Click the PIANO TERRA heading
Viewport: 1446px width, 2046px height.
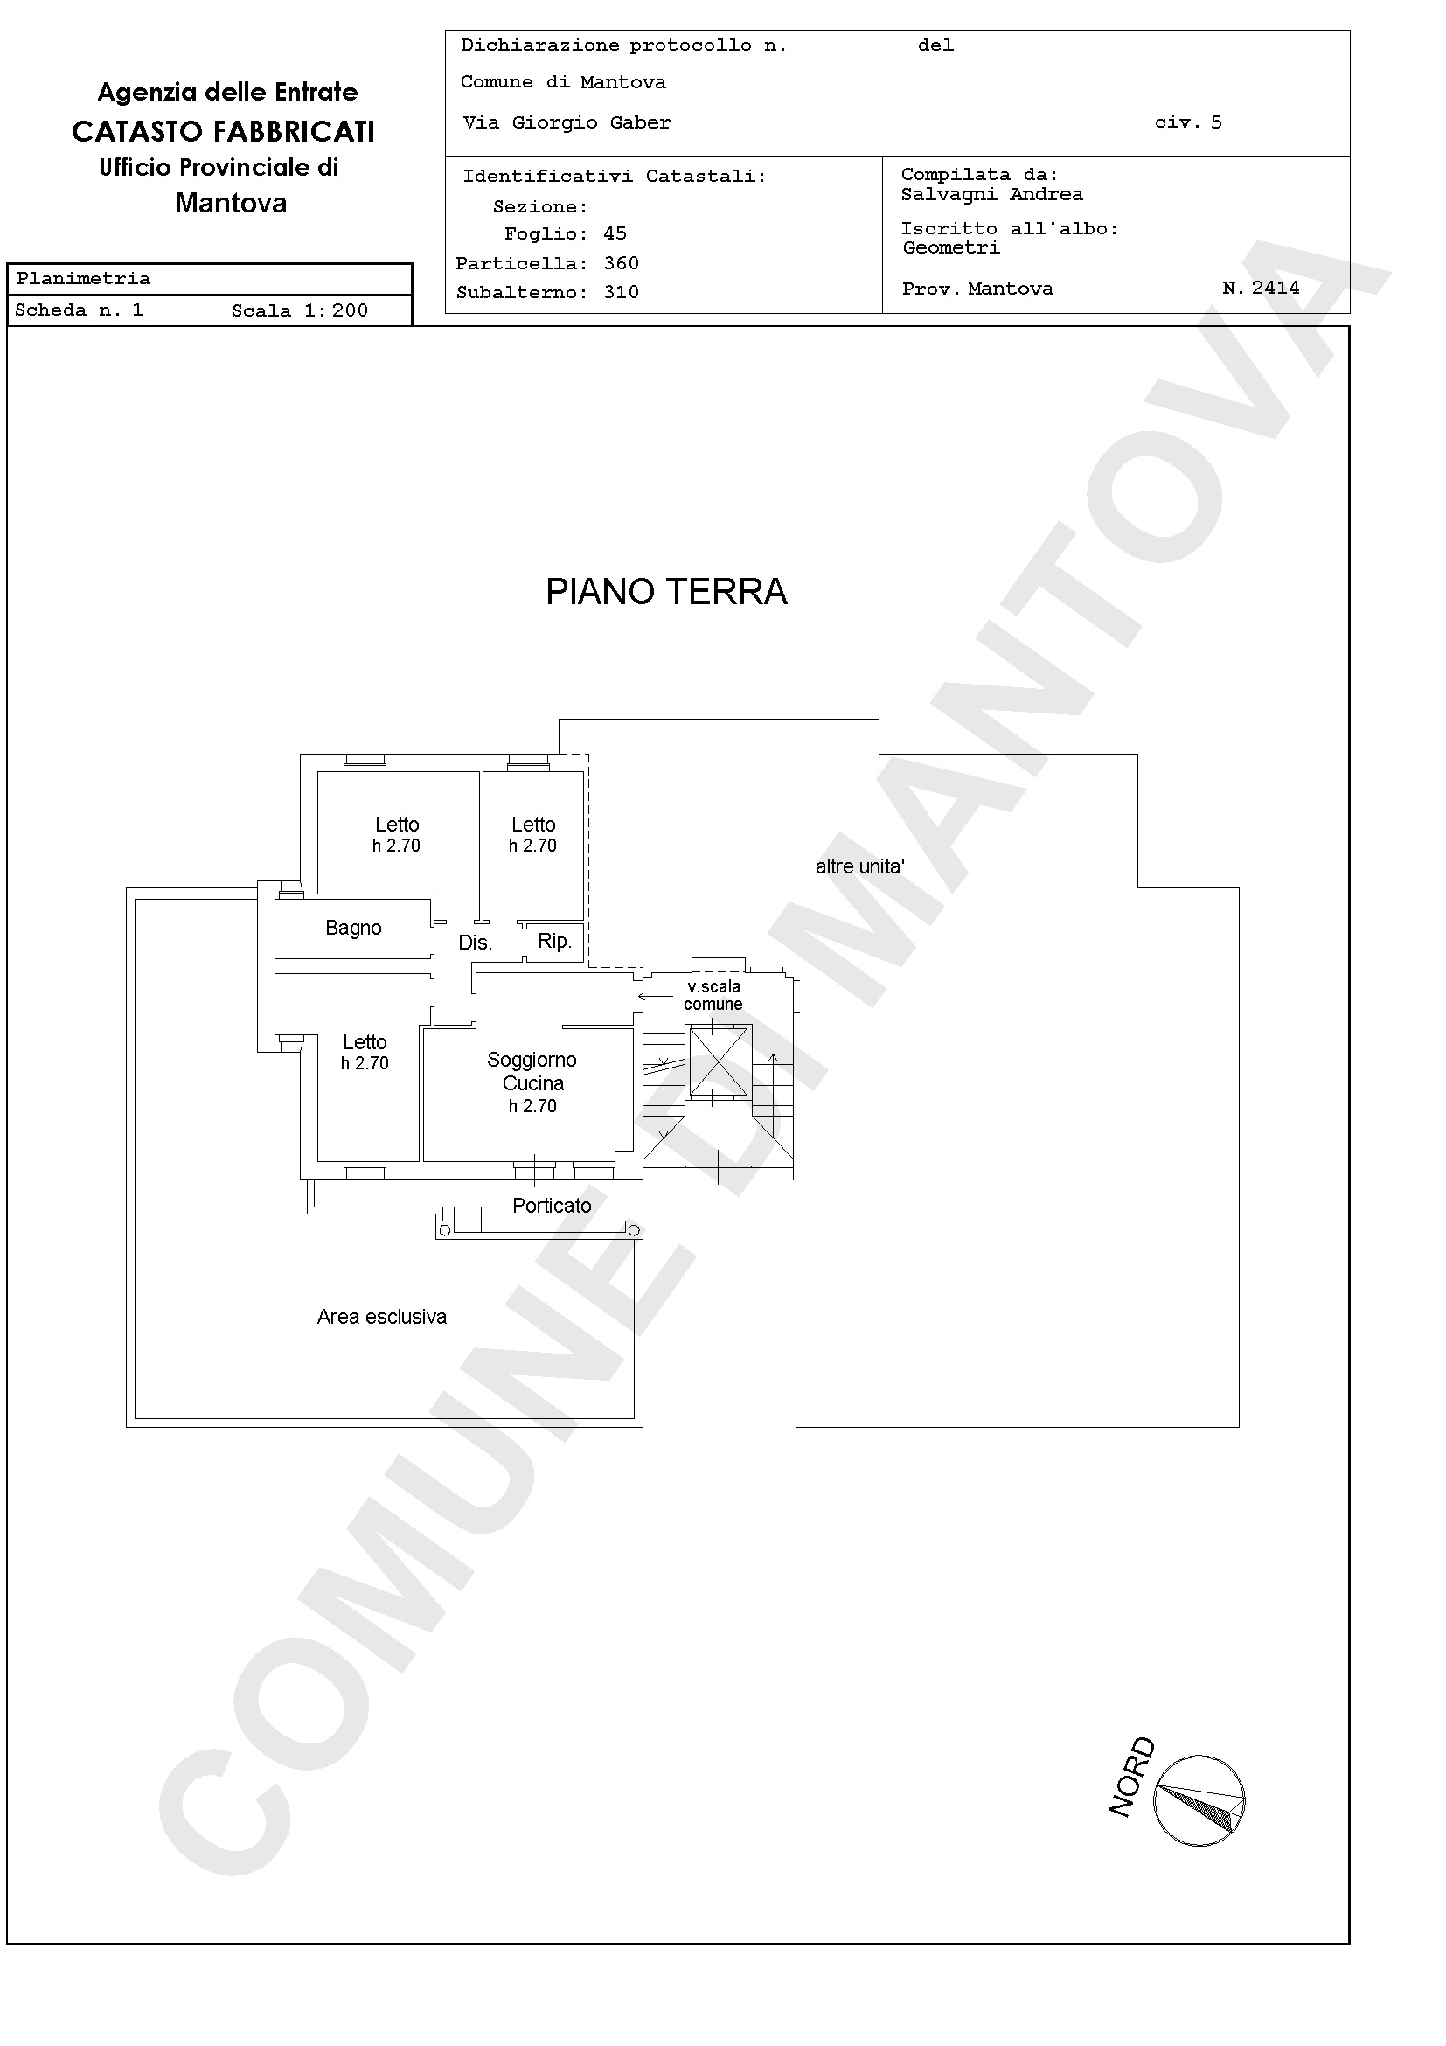(x=666, y=592)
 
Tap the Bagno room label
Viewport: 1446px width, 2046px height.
(x=354, y=929)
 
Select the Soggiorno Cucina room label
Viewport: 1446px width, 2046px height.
(x=532, y=1071)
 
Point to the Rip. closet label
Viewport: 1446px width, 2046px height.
(x=555, y=941)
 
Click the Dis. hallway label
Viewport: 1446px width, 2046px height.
(x=475, y=943)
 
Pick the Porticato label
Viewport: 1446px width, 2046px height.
(x=552, y=1206)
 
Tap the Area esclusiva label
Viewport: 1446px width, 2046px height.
(x=381, y=1317)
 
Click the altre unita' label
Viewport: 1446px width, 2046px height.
(x=859, y=866)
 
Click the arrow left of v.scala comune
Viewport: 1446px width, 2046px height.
(x=655, y=996)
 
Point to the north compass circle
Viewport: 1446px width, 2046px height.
(x=1199, y=1800)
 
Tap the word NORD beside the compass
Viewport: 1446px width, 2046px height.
(x=1132, y=1777)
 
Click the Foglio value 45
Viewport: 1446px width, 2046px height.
(x=615, y=233)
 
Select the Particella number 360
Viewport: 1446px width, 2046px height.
(x=621, y=263)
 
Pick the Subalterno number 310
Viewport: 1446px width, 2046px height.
(x=621, y=292)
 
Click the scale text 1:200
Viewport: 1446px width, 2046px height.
(x=336, y=311)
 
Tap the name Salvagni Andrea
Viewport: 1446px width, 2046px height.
(x=991, y=194)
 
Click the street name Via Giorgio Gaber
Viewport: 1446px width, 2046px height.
(x=567, y=123)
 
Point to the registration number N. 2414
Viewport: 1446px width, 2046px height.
(x=1261, y=288)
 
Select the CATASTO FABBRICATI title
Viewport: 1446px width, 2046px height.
(x=224, y=132)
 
